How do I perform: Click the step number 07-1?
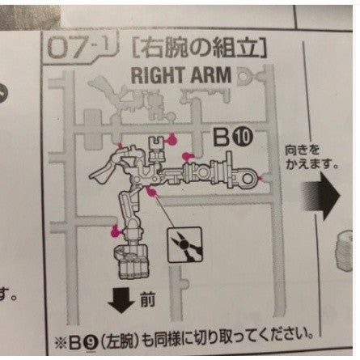pyautogui.click(x=81, y=48)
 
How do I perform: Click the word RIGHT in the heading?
pyautogui.click(x=159, y=75)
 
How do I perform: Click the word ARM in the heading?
pyautogui.click(x=211, y=75)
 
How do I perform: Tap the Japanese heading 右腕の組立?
pyautogui.click(x=200, y=49)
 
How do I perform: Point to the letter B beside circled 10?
pyautogui.click(x=222, y=137)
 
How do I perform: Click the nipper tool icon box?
pyautogui.click(x=184, y=244)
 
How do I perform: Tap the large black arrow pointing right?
pyautogui.click(x=321, y=196)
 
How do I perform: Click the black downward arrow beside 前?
pyautogui.click(x=121, y=300)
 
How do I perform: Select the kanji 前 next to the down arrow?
pyautogui.click(x=147, y=300)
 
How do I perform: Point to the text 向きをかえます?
pyautogui.click(x=311, y=157)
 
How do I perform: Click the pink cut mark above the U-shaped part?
pyautogui.click(x=172, y=139)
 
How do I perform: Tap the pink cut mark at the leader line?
pyautogui.click(x=152, y=192)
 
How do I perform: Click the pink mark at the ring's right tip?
pyautogui.click(x=260, y=178)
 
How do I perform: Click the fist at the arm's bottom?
pyautogui.click(x=130, y=260)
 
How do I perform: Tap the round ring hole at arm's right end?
pyautogui.click(x=246, y=178)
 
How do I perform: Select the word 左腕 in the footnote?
pyautogui.click(x=120, y=342)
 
